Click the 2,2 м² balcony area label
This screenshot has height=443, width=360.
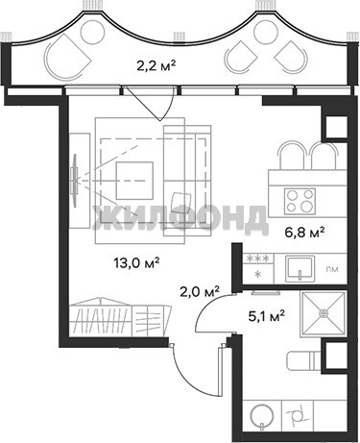156,66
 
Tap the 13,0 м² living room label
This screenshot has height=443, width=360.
136,263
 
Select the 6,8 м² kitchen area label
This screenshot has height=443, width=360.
305,233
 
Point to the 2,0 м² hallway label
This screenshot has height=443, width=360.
200,292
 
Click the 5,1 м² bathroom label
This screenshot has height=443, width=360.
266,316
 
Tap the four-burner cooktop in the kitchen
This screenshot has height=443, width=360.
300,202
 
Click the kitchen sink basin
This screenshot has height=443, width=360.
300,266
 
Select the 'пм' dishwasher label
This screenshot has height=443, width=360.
332,269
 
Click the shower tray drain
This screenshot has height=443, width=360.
324,312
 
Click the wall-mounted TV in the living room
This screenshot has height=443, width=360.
75,181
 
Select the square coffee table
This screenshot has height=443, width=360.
134,181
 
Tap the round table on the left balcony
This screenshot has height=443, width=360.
93,32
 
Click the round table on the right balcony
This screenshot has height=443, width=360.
265,32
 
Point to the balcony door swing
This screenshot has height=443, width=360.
151,104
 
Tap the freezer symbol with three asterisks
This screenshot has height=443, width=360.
258,258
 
